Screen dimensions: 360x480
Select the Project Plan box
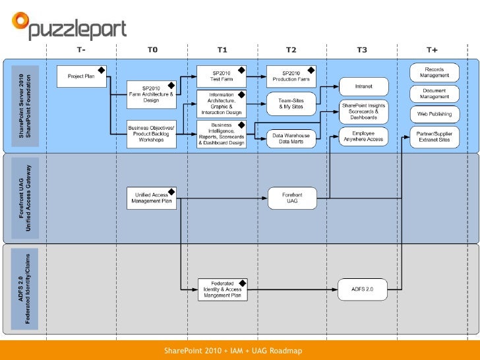tap(81, 76)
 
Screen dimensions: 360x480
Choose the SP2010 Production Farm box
tap(291, 76)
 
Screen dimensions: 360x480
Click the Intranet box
tap(363, 86)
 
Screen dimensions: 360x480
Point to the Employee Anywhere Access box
tap(363, 136)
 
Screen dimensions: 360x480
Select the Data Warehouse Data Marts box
tap(291, 138)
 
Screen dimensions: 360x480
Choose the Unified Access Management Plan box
tap(151, 197)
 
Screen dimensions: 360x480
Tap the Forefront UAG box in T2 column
tap(291, 197)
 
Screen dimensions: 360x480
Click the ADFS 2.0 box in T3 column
tap(363, 289)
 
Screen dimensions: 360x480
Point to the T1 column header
tap(222, 49)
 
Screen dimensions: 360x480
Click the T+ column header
tap(432, 49)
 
